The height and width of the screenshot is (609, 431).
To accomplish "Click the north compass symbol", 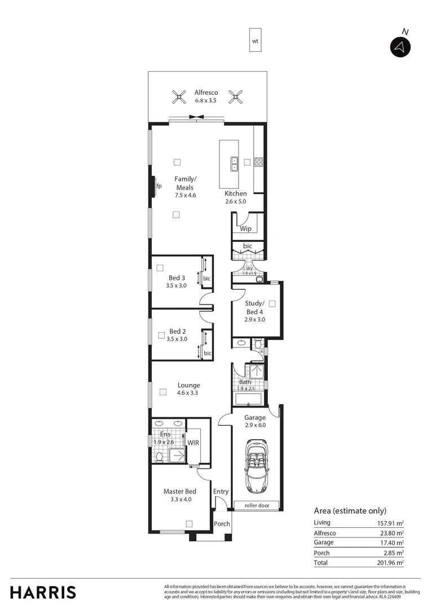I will (400, 47).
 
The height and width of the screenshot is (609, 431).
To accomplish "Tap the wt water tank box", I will (255, 41).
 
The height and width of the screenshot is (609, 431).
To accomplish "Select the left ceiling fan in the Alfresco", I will (179, 98).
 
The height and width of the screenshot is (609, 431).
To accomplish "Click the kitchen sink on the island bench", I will (234, 164).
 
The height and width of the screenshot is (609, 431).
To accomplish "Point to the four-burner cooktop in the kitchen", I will (259, 162).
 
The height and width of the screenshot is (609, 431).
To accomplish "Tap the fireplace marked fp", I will (153, 186).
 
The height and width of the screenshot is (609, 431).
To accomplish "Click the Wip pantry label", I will (245, 229).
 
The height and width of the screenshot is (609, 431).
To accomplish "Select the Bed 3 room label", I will (177, 277).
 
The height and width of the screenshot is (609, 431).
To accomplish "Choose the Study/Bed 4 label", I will (254, 308).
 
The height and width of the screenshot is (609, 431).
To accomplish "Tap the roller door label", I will (257, 506).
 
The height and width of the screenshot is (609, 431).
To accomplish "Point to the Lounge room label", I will (188, 386).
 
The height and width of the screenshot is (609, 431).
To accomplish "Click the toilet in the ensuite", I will (160, 456).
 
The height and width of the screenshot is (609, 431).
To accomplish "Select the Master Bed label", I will (179, 491).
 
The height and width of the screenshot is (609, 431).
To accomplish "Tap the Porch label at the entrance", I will (222, 524).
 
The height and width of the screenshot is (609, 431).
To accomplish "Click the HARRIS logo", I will (43, 592).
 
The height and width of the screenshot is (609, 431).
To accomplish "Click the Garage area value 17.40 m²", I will (392, 542).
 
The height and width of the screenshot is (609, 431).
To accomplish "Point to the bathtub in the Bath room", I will (248, 399).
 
